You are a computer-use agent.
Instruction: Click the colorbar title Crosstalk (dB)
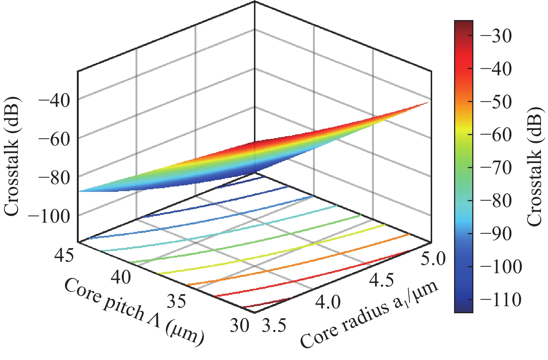535,166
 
